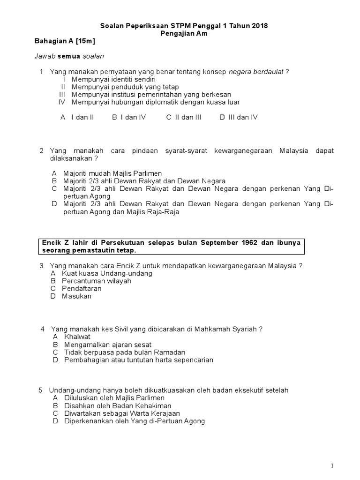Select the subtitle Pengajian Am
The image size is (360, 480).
[184, 34]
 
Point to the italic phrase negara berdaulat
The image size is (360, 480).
[256, 72]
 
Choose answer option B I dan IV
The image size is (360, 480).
[129, 117]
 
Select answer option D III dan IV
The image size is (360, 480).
[239, 117]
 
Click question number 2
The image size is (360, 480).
[42, 150]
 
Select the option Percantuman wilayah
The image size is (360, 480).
[97, 281]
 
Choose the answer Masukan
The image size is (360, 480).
[77, 296]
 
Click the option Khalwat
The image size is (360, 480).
[77, 337]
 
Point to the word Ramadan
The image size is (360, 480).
[170, 352]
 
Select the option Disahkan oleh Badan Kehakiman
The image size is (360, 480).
[118, 405]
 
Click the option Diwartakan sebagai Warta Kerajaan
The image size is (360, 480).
[122, 413]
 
